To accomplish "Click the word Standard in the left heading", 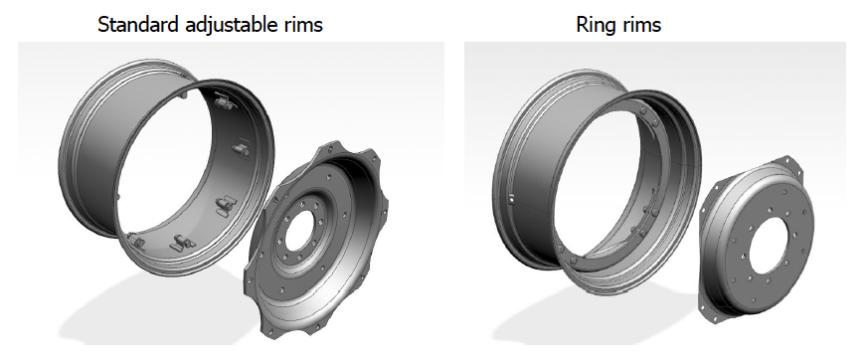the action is [139, 24].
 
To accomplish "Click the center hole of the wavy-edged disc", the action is [299, 231].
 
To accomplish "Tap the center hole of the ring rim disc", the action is [767, 245].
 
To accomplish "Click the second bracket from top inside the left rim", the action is [241, 148].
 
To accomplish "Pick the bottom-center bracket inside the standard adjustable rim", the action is [183, 243].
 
